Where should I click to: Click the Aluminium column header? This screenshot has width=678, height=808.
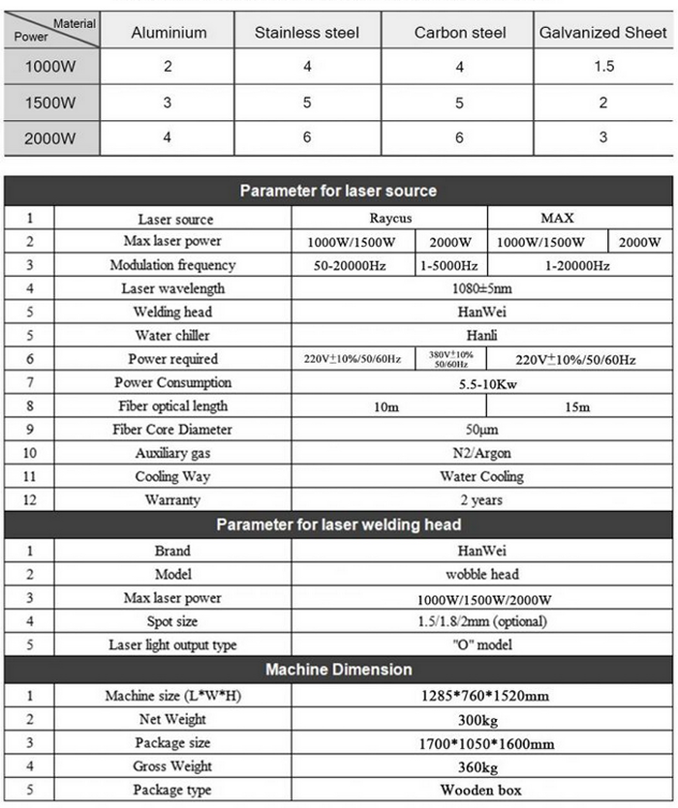(169, 32)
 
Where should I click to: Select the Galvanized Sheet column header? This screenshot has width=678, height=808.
(602, 32)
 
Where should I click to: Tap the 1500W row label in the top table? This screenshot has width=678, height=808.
(50, 103)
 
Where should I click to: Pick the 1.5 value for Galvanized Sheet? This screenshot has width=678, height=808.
(602, 67)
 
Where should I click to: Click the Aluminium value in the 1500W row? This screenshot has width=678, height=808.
(168, 103)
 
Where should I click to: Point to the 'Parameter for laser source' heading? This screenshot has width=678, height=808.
(338, 191)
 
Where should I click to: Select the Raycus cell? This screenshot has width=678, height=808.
(389, 219)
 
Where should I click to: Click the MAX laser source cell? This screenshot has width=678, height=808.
(575, 219)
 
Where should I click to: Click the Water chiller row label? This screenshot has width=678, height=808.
(172, 336)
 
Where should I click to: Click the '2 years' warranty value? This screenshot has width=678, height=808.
(480, 500)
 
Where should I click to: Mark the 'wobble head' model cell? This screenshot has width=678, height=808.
(480, 574)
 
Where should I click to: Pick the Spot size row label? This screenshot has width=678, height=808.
(172, 621)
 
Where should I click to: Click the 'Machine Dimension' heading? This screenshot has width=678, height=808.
(338, 670)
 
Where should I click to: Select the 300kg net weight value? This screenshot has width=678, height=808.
(480, 720)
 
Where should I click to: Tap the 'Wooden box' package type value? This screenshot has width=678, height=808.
(480, 791)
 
